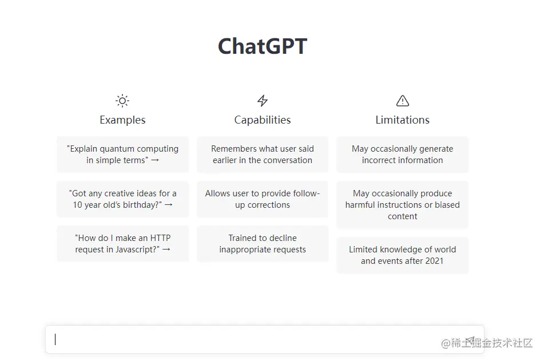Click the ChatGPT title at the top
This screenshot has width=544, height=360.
[x=263, y=46]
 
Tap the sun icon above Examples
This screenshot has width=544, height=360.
[x=122, y=101]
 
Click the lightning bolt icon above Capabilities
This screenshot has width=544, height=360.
[x=263, y=101]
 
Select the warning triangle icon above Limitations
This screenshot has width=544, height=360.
[x=403, y=101]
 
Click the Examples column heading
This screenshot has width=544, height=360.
[x=122, y=120]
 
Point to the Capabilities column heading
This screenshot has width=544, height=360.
[x=263, y=120]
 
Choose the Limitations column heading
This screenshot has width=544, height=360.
[x=403, y=120]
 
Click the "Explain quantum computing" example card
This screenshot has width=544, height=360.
[x=123, y=155]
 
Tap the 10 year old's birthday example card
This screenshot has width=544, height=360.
[x=123, y=199]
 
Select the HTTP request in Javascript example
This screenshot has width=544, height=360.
[x=123, y=244]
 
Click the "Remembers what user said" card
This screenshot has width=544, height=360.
[x=263, y=155]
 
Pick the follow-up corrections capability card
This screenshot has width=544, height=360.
[x=263, y=199]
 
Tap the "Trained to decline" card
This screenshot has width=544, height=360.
[x=263, y=244]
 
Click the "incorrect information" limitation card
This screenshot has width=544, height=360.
[x=403, y=155]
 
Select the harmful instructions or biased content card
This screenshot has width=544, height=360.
[x=403, y=205]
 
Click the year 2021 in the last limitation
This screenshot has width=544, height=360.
[x=434, y=261]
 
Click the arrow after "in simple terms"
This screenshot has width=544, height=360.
[x=155, y=160]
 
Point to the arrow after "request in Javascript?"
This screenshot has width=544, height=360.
[x=166, y=250]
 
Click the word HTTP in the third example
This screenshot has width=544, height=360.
[x=160, y=238]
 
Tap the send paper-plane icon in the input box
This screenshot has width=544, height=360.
[x=470, y=340]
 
